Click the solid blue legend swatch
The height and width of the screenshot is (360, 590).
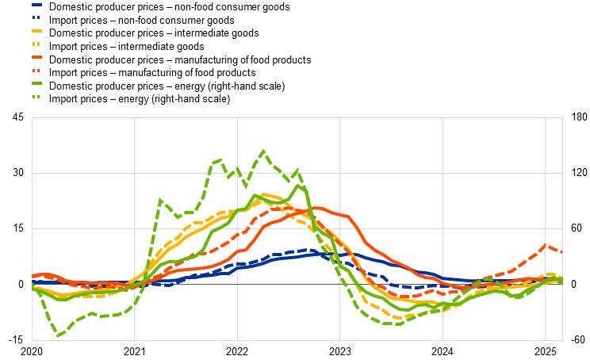36,5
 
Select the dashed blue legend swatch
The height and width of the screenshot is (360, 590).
36,17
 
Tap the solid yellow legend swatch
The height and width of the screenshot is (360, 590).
36,31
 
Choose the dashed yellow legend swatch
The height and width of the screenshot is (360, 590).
36,44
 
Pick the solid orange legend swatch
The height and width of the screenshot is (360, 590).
36,57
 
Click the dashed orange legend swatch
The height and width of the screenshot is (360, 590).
36,70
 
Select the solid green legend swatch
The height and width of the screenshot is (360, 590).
36,83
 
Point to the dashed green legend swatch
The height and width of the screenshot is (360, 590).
36,96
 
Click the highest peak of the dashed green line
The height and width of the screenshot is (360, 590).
263,151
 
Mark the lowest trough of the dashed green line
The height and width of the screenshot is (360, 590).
58,335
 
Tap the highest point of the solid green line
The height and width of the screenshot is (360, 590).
298,186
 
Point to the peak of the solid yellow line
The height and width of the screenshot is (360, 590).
264,194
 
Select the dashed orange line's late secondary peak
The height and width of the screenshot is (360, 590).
545,245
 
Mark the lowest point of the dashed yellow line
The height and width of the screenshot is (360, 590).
397,317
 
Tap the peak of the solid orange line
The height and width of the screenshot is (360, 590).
317,208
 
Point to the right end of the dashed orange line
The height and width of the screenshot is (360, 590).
561,252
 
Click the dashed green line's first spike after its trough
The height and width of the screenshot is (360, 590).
160,201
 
